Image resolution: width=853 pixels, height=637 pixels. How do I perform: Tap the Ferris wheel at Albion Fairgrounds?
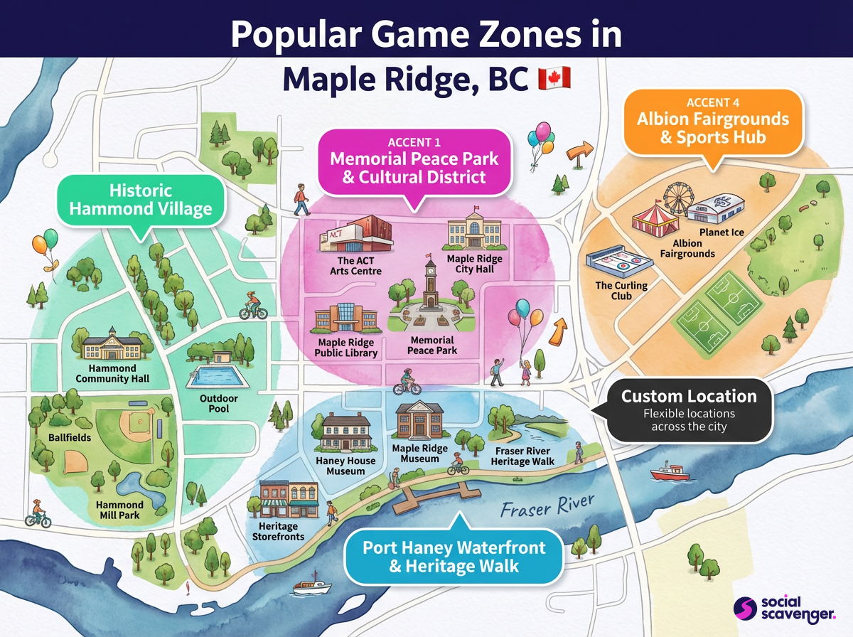click(x=675, y=200)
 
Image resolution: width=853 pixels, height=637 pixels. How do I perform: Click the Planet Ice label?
click(x=721, y=232)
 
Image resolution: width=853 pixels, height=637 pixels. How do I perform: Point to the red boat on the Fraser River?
click(x=670, y=473)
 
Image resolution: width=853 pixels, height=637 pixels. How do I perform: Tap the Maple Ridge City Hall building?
click(x=474, y=233)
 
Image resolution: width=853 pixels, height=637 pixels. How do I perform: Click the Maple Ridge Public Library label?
click(x=348, y=348)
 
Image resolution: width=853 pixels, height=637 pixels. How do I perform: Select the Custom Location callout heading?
click(x=689, y=396)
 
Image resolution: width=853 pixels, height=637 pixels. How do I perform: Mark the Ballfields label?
click(x=70, y=437)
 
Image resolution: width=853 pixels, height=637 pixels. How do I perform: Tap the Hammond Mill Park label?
click(x=119, y=510)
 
